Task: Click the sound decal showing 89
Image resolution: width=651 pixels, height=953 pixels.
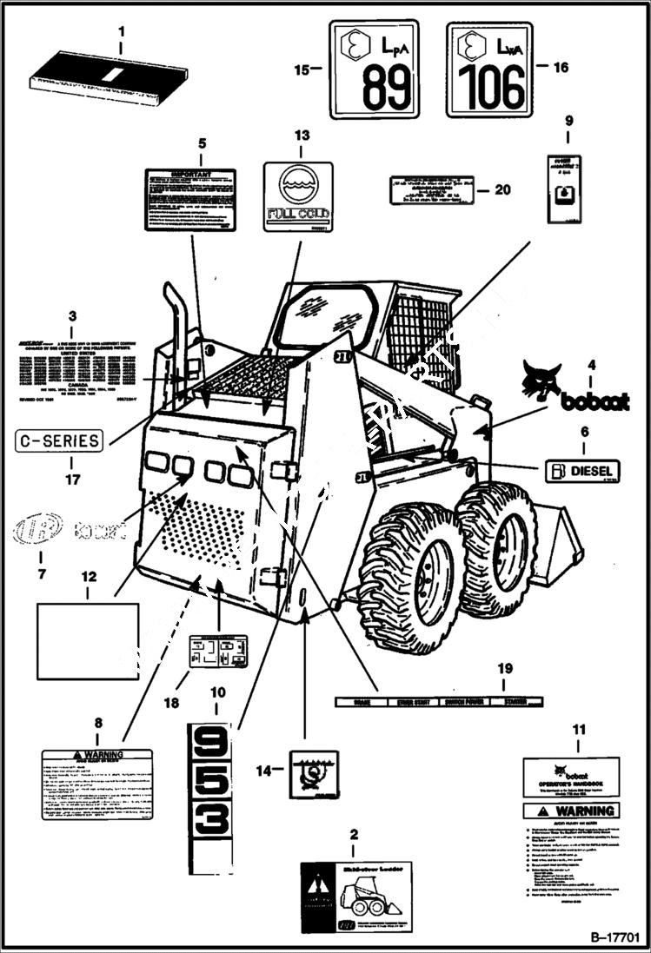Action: [373, 69]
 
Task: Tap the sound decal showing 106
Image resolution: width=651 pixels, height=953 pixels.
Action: [488, 69]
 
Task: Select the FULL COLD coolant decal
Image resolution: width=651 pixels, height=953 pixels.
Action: [298, 196]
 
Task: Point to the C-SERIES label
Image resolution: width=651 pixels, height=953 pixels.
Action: [58, 440]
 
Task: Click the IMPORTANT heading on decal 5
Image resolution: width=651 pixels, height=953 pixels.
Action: [189, 174]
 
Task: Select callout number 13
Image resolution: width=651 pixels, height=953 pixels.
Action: [301, 136]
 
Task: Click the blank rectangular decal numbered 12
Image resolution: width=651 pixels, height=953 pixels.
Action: [87, 641]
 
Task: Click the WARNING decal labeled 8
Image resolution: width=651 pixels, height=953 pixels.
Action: [96, 784]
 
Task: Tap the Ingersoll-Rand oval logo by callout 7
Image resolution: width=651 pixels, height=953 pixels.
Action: [38, 528]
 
